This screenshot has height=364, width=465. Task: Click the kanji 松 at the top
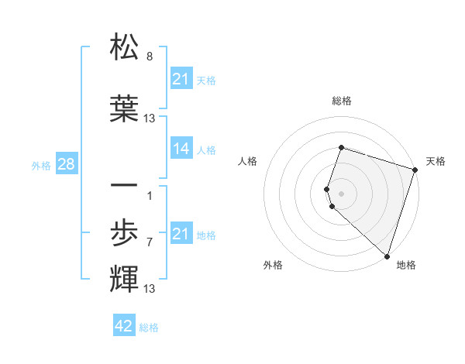click(x=125, y=47)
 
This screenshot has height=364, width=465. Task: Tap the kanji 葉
click(x=125, y=108)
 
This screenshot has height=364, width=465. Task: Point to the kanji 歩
click(x=125, y=232)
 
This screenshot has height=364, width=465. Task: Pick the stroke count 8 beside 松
click(x=149, y=57)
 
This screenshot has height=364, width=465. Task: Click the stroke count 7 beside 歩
click(x=149, y=242)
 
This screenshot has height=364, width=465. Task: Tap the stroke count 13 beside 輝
click(x=150, y=289)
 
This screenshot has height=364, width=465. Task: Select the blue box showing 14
click(x=181, y=149)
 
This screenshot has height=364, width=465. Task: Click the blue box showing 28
click(x=66, y=164)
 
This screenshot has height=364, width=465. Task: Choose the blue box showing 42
click(x=124, y=326)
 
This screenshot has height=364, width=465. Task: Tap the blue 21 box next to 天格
click(x=181, y=79)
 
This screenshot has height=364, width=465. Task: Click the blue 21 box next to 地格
click(x=181, y=234)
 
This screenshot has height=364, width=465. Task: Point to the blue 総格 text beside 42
click(x=149, y=328)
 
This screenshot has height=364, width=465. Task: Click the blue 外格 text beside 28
click(x=41, y=165)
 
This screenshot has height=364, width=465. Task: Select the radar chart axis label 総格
click(x=342, y=101)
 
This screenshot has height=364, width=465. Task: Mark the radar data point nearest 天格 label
click(x=415, y=171)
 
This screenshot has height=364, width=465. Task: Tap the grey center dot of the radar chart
click(x=342, y=193)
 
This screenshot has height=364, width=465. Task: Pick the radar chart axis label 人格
click(x=249, y=161)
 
